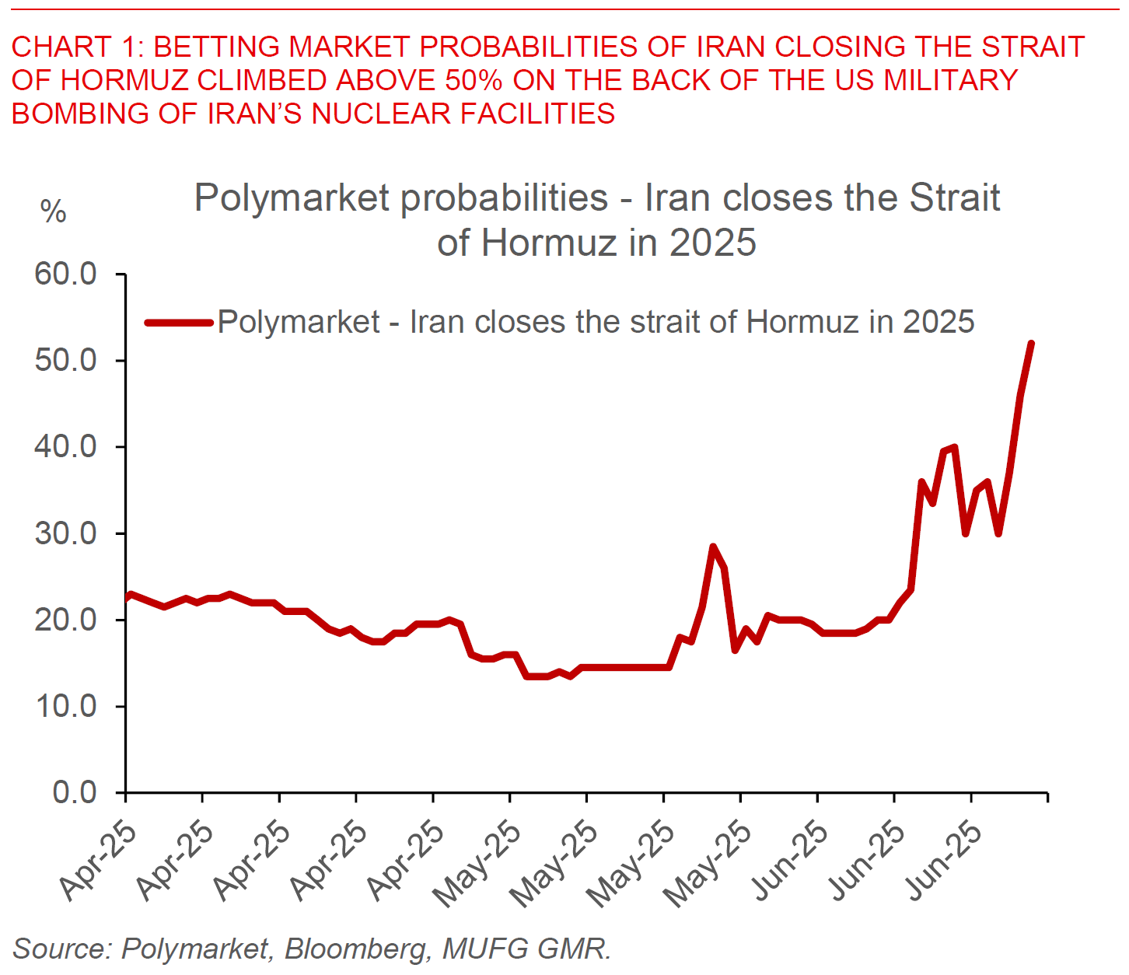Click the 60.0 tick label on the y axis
(x=65, y=274)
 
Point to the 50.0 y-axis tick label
(x=65, y=361)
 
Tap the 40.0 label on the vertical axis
(x=65, y=447)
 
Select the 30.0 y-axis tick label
(x=65, y=533)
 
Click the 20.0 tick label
(x=65, y=620)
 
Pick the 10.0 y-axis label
(x=65, y=706)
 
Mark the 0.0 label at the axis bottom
(x=75, y=792)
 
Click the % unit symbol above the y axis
(x=53, y=211)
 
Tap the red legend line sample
(x=179, y=322)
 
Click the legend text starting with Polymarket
(x=596, y=322)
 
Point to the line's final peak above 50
(x=1031, y=344)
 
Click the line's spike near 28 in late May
(x=712, y=547)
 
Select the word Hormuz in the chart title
(x=549, y=243)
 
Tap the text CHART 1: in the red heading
(x=77, y=47)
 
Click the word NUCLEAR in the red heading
(x=380, y=114)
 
